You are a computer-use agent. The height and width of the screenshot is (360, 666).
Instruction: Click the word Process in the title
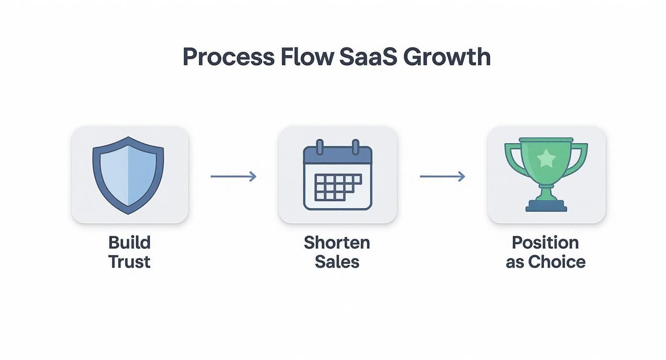coord(228,56)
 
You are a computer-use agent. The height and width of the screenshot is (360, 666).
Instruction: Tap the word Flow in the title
coord(307,56)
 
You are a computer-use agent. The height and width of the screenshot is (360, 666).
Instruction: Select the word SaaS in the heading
coord(368,56)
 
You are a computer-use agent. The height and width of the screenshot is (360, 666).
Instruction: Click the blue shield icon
coord(128,175)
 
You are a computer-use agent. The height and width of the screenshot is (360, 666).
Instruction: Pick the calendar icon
coord(338,175)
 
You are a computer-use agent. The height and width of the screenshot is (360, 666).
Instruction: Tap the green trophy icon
coord(546,175)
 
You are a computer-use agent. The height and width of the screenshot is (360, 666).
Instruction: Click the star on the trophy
coord(546,158)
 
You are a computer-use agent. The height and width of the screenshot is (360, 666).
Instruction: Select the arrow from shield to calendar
coord(233,177)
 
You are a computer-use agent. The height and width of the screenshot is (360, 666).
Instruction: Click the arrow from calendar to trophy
coord(443,177)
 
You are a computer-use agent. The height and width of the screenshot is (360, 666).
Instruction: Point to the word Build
coord(129,243)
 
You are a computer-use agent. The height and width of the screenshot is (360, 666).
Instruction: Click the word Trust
coord(129,262)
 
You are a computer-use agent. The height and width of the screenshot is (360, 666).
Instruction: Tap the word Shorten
coord(337,243)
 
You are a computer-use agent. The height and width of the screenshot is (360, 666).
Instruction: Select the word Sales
coord(337,262)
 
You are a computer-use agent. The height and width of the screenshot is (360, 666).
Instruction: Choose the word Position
coord(545,243)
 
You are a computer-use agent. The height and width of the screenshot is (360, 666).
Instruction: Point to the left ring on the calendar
coord(320,147)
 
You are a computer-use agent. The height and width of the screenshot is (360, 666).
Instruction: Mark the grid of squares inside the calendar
coord(338,187)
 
